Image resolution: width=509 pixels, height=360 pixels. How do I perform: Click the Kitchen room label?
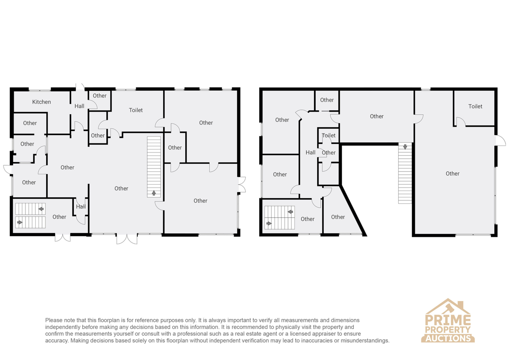42,102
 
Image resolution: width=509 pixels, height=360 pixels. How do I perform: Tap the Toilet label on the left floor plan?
136,110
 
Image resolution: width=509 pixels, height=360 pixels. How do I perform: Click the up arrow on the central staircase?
154,193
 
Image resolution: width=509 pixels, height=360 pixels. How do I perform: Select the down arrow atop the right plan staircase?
405,147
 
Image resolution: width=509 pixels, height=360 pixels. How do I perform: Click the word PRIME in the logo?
448,320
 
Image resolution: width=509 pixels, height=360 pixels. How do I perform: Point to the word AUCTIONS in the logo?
448,338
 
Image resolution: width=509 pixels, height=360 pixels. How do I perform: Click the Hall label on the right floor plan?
310,152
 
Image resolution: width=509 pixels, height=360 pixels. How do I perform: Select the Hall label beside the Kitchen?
79,106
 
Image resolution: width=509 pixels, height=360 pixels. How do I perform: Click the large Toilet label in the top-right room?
475,106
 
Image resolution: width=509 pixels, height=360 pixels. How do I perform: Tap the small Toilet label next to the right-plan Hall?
329,135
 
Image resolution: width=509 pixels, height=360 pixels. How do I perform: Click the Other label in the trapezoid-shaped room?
338,217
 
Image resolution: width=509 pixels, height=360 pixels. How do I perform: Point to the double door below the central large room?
127,239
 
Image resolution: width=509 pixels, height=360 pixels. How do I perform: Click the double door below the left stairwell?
62,237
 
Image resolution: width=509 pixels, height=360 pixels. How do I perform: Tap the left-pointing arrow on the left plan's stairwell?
41,209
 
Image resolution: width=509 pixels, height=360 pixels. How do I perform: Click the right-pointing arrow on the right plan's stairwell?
269,223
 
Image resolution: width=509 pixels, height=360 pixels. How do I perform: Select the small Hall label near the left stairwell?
81,206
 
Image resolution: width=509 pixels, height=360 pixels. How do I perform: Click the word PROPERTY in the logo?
448,329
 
